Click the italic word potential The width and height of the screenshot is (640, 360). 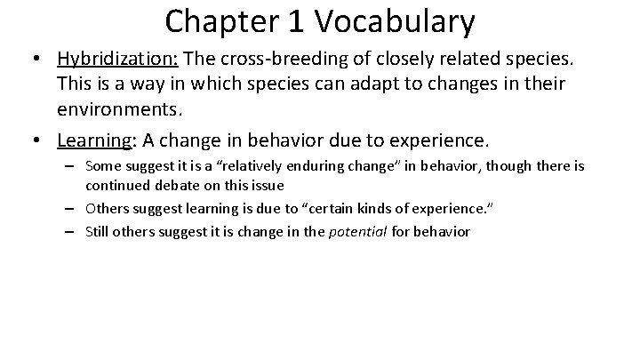click(332, 233)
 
